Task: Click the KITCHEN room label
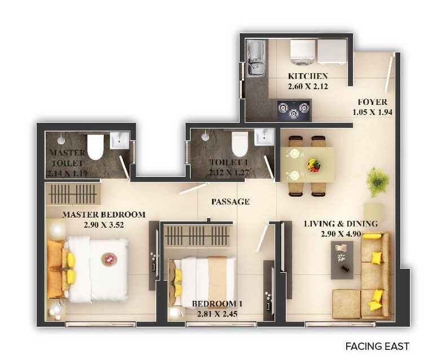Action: point(308,76)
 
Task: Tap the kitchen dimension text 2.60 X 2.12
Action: point(308,86)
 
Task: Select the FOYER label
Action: point(372,102)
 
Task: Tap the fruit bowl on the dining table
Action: point(313,165)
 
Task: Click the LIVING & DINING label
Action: point(341,224)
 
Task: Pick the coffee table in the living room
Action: point(342,259)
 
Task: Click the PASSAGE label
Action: point(230,201)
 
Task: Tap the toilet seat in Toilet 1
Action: point(240,144)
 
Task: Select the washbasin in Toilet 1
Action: point(263,137)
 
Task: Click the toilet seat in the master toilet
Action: point(95,146)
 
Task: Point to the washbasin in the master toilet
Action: point(120,139)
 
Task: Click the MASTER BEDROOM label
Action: point(104,215)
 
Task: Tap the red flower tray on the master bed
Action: point(109,259)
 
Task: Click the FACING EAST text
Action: point(377,346)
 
